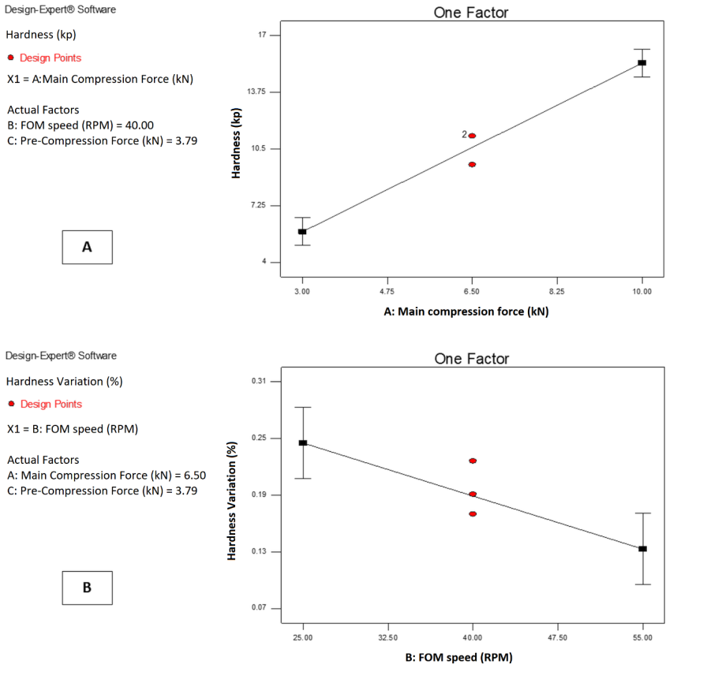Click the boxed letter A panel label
[x=87, y=247]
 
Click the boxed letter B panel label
[x=87, y=588]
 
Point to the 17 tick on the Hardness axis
[x=264, y=35]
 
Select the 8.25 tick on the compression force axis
[x=557, y=291]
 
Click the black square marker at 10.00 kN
[x=642, y=62]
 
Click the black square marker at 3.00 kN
[x=302, y=231]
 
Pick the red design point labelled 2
[x=472, y=136]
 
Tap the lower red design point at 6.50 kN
[x=472, y=164]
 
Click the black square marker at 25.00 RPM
[x=303, y=442]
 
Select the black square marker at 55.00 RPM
[x=643, y=548]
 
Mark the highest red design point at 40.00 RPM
[x=473, y=461]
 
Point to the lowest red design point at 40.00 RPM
[x=473, y=513]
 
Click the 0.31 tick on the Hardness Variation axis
[x=260, y=382]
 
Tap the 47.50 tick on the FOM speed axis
[x=557, y=637]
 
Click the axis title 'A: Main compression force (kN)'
[x=466, y=312]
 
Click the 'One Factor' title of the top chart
[x=471, y=13]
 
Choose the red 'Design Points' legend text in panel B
[x=51, y=404]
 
